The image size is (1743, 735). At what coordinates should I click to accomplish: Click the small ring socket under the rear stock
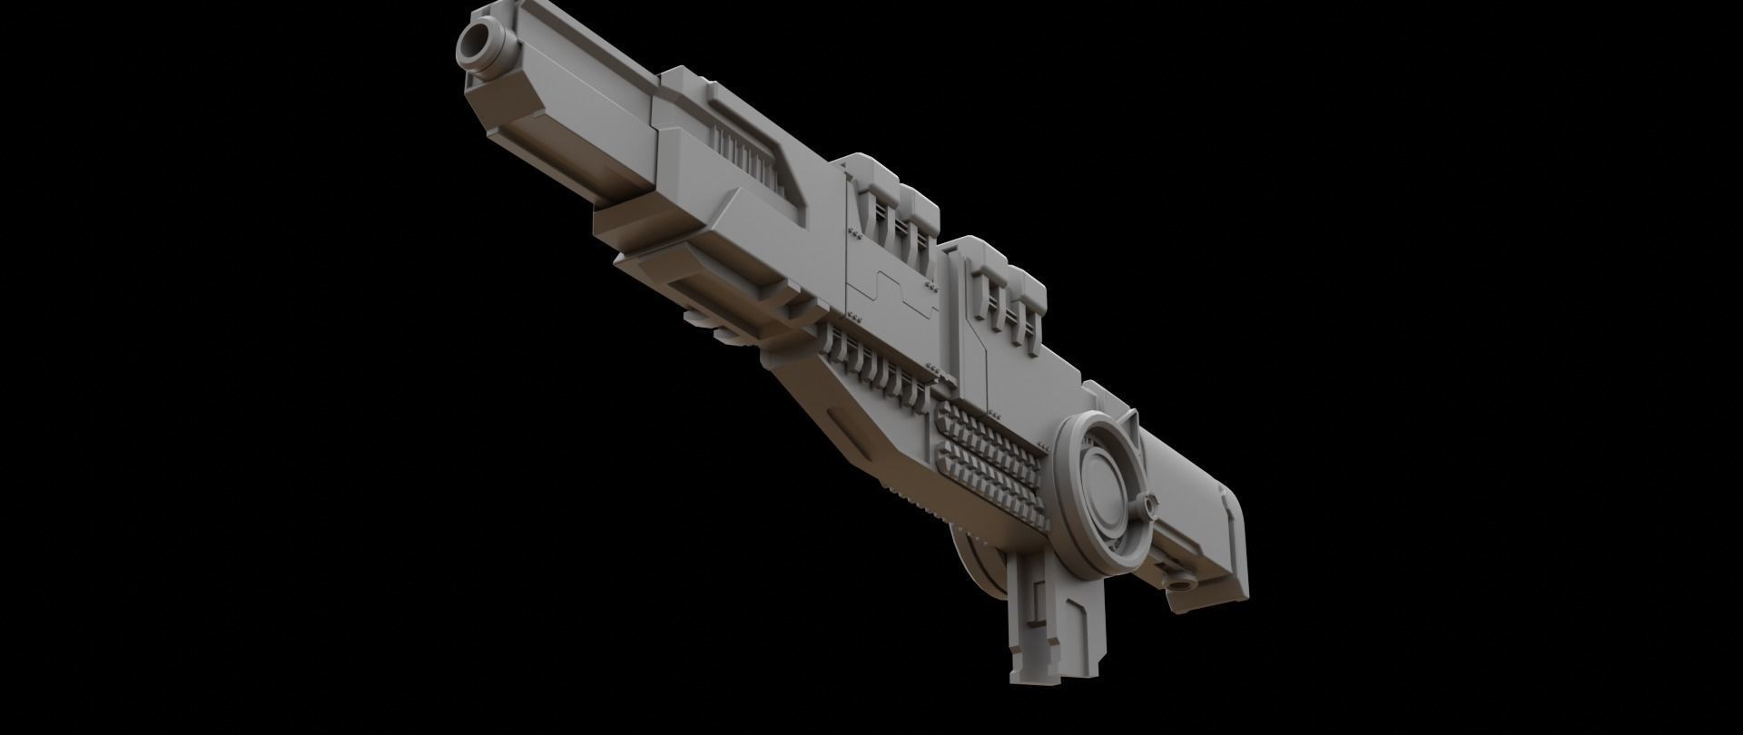pyautogui.click(x=1182, y=582)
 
